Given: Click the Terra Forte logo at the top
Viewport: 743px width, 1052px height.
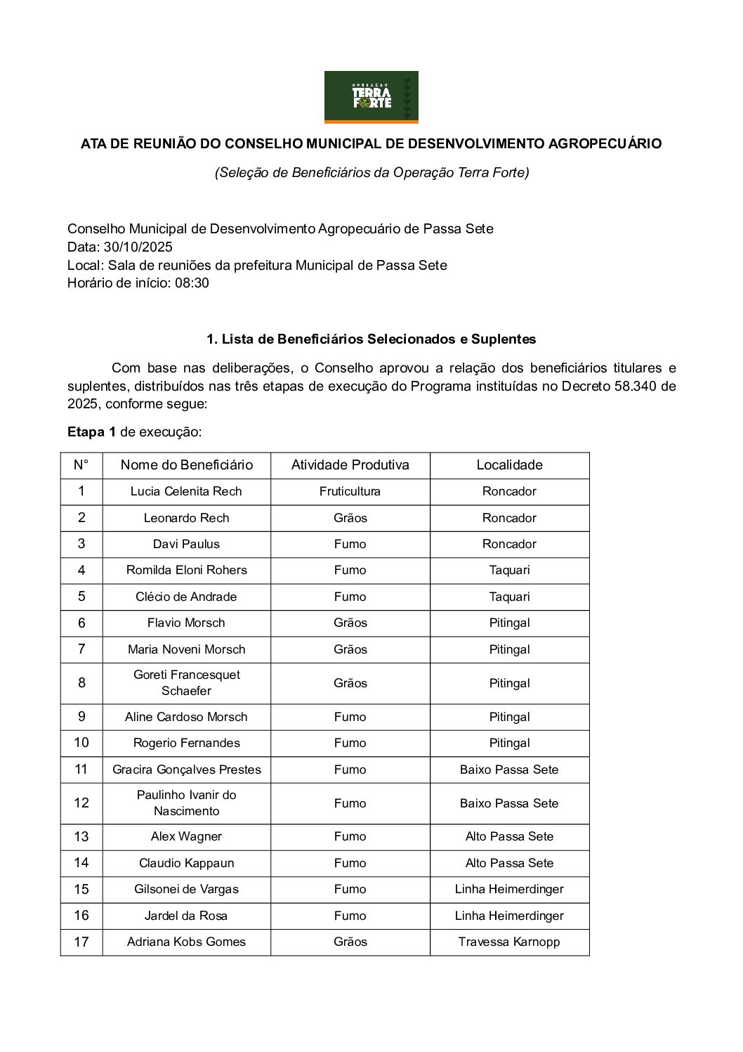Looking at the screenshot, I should click(x=371, y=97).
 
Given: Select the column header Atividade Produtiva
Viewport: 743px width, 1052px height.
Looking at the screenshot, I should click(x=350, y=465).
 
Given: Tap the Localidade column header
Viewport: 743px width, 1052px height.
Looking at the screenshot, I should click(x=509, y=465).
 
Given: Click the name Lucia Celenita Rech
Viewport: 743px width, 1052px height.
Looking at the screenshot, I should click(x=186, y=492).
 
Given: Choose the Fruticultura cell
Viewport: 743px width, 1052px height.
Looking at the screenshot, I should click(x=350, y=492).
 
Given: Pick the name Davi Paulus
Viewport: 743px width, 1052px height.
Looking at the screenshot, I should click(x=186, y=545).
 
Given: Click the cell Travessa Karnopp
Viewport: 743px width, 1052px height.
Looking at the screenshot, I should click(x=509, y=942).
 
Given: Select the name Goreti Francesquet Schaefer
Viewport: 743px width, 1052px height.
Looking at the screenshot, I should click(x=186, y=683).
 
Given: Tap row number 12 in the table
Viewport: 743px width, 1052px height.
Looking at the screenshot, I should click(x=81, y=803).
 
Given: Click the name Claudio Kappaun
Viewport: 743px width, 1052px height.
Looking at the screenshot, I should click(x=186, y=864).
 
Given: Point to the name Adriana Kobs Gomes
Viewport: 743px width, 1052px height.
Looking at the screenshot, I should click(x=186, y=942).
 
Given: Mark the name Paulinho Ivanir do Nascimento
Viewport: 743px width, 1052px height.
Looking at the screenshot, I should click(x=186, y=803).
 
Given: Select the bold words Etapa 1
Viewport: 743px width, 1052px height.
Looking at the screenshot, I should click(x=91, y=432).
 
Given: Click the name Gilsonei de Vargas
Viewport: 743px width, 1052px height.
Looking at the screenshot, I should click(x=186, y=890).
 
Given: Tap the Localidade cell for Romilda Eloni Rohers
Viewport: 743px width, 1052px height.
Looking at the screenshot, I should click(x=509, y=571).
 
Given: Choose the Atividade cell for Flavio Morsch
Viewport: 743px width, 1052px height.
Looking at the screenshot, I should click(x=350, y=623).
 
